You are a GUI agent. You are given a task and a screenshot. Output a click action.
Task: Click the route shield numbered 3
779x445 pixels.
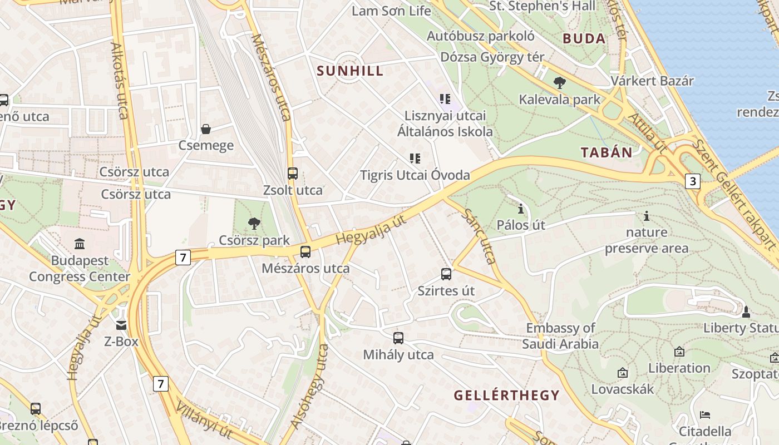click(x=692, y=181)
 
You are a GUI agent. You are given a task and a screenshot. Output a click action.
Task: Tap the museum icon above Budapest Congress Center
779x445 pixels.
click(x=80, y=244)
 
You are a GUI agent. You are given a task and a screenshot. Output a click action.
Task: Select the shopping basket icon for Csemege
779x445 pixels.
click(x=206, y=129)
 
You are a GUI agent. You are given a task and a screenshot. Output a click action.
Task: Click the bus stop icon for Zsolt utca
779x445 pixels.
click(x=293, y=174)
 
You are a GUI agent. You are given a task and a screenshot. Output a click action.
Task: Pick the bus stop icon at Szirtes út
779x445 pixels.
click(x=446, y=274)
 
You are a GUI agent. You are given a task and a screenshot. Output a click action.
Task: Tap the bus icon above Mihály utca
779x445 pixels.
click(x=398, y=338)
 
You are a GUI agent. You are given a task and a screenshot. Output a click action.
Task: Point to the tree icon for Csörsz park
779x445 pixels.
click(x=254, y=224)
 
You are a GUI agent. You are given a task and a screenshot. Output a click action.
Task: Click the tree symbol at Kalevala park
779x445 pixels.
click(x=560, y=83)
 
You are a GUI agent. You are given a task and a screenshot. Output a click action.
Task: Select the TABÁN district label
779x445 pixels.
click(x=607, y=152)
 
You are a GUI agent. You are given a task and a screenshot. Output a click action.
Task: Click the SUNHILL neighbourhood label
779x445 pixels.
click(x=350, y=71)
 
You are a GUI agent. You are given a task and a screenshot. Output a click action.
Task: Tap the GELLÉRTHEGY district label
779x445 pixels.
click(x=506, y=395)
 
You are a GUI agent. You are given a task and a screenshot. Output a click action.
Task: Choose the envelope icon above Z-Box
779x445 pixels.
click(x=121, y=325)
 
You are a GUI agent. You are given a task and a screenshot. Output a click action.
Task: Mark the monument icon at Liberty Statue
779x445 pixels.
click(x=746, y=311)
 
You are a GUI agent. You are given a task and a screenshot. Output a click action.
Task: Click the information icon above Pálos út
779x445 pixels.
click(x=521, y=209)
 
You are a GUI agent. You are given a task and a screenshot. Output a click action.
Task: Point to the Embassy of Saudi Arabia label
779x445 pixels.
click(x=560, y=336)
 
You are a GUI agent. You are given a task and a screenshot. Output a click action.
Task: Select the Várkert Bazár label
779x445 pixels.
click(x=652, y=81)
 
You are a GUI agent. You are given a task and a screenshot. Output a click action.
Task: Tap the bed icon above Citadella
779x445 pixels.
click(x=705, y=414)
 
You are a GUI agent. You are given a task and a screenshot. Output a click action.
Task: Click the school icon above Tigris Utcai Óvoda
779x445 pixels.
click(x=415, y=159)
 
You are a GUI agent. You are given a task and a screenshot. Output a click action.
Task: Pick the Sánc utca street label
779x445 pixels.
click(x=479, y=236)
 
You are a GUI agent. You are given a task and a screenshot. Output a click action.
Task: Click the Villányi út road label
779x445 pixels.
click(x=204, y=419)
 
